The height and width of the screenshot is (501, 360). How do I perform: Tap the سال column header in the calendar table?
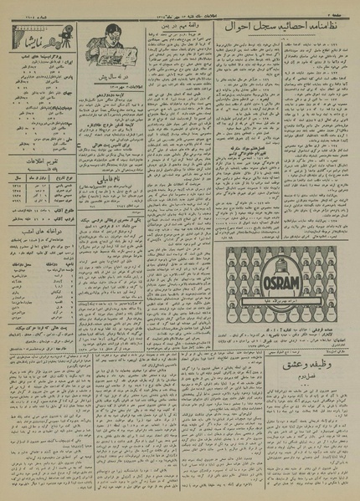pyautogui.click(x=17, y=178)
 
